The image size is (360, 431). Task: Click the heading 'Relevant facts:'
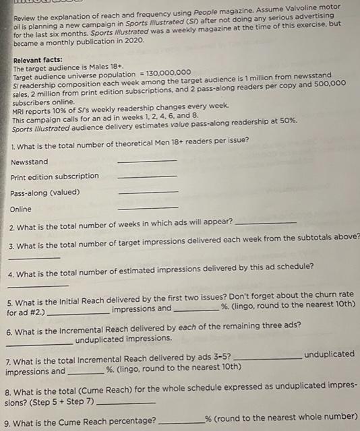38,60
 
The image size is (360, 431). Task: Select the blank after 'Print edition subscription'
147,177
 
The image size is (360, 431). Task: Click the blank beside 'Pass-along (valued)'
147,193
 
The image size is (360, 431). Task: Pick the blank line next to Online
147,208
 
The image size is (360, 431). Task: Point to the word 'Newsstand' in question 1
30,162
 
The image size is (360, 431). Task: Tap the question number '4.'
11,274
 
